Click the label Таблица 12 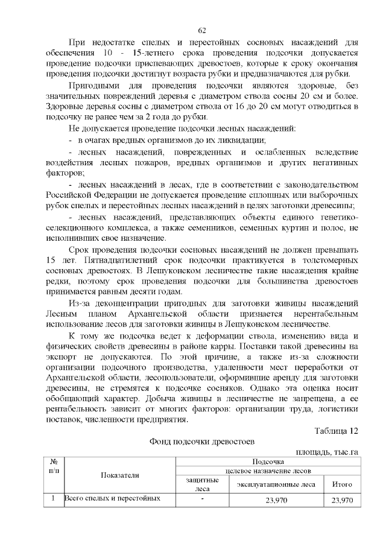pyautogui.click(x=337, y=431)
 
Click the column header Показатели pyautogui.click(x=119, y=475)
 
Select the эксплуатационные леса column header pyautogui.click(x=276, y=484)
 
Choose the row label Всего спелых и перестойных pyautogui.click(x=112, y=500)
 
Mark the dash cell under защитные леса pyautogui.click(x=203, y=500)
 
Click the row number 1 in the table pyautogui.click(x=53, y=500)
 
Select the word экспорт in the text pyautogui.click(x=63, y=357)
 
